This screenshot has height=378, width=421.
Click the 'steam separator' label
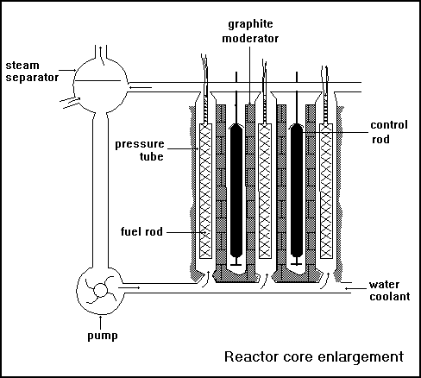[x=32, y=72]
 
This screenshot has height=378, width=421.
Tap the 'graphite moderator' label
[x=250, y=31]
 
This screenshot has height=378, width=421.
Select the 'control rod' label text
[x=389, y=132]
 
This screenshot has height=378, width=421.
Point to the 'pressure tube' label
[x=140, y=150]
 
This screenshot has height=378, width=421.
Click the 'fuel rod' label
[x=141, y=231]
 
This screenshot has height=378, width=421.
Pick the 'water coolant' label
[x=390, y=291]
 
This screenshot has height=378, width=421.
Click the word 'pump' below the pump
[x=103, y=336]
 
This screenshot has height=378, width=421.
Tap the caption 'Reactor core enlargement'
[x=314, y=356]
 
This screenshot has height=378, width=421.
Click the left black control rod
[x=236, y=191]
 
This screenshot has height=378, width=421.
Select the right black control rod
[x=297, y=191]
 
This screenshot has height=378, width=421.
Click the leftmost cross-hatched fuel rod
[x=205, y=191]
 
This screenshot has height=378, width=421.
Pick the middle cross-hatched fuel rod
[x=265, y=191]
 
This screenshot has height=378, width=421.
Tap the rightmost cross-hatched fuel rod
[x=326, y=191]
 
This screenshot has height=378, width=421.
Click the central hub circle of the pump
[x=101, y=290]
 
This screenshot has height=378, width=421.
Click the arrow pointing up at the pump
[x=101, y=323]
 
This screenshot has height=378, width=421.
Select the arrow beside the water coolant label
[x=355, y=288]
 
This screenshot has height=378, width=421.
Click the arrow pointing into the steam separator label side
[x=67, y=70]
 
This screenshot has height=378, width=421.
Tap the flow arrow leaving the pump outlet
[x=129, y=287]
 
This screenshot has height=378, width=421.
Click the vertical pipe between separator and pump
[x=100, y=190]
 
